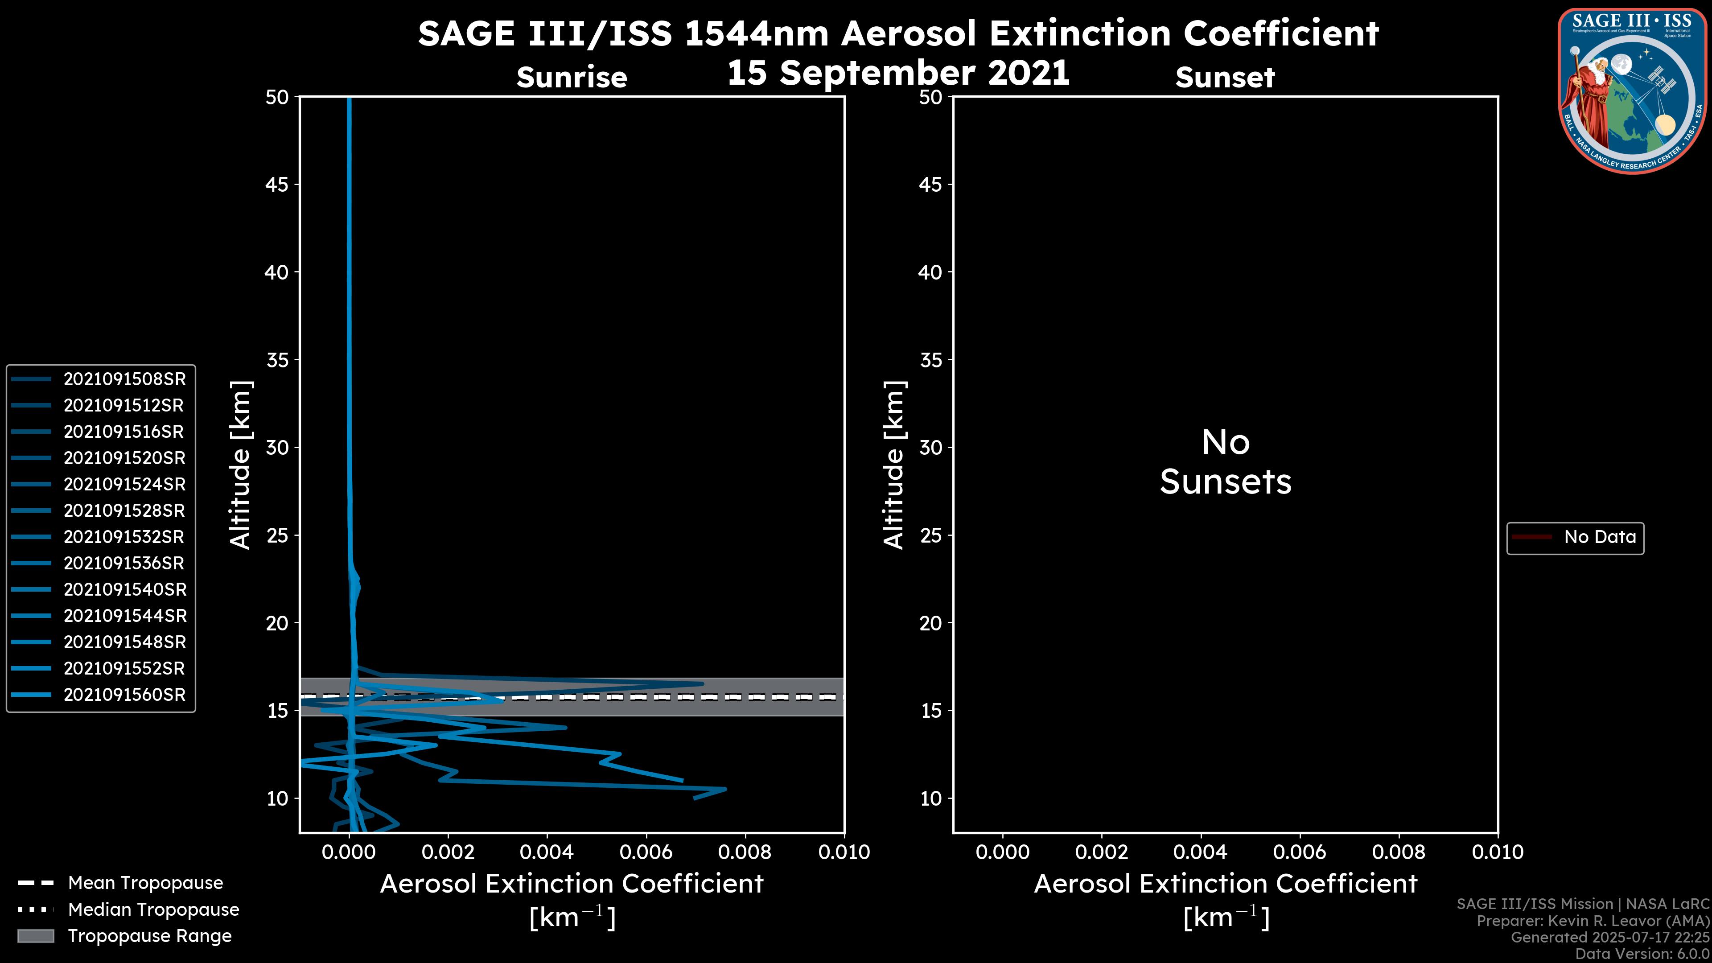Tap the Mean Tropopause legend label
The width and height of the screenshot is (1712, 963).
[x=145, y=883]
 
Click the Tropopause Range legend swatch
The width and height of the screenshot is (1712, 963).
[x=35, y=936]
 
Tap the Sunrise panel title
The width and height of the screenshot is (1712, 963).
[x=572, y=78]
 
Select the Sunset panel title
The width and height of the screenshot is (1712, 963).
[x=1225, y=78]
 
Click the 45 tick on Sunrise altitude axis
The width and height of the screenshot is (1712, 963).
[x=277, y=185]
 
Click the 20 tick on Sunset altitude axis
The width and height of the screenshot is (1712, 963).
[x=930, y=623]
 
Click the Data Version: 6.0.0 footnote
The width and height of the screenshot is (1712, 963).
[x=1642, y=954]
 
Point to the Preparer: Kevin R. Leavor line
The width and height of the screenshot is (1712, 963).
[x=1593, y=921]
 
